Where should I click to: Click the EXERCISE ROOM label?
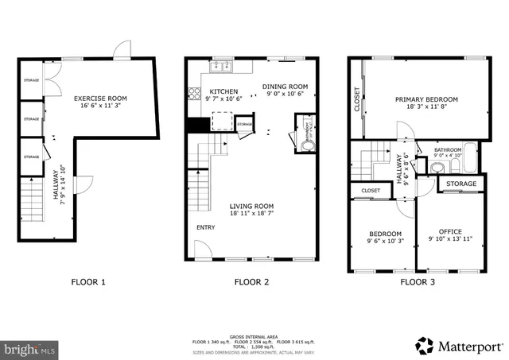click(x=100, y=99)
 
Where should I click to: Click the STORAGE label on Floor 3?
click(x=461, y=184)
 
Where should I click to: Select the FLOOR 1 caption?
click(x=88, y=281)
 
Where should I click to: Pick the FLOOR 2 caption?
click(x=252, y=281)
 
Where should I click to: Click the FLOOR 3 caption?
click(x=417, y=281)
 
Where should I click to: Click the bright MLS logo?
click(x=29, y=348)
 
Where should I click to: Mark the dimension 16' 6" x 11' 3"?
click(x=100, y=107)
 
